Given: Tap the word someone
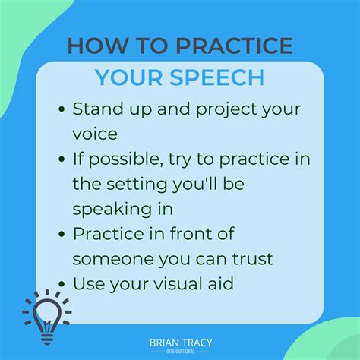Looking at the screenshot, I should tap(110, 259).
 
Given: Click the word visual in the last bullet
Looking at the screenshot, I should tap(190, 285).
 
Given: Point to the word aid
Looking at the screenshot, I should tap(240, 285).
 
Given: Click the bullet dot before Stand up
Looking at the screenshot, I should tap(62, 109).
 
